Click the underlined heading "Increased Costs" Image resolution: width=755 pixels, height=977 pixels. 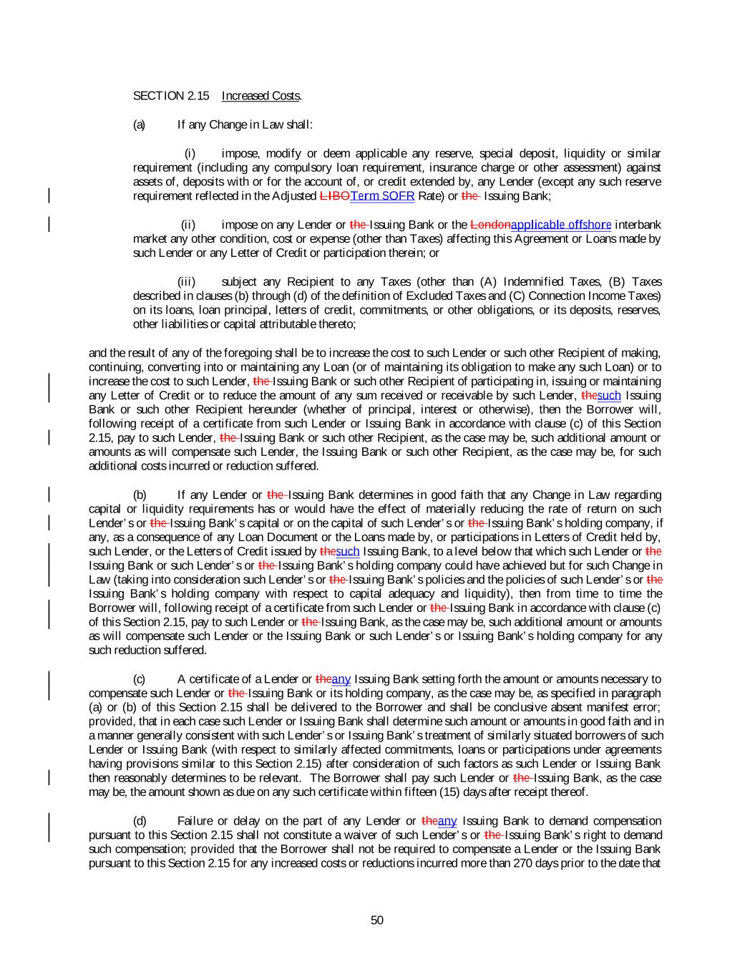(x=260, y=96)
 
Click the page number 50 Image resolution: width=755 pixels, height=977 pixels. (x=377, y=920)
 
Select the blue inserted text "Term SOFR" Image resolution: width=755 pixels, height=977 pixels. (x=382, y=196)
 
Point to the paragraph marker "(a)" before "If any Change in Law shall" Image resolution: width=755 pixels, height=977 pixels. (x=139, y=125)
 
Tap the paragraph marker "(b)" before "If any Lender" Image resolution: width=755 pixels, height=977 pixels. (x=140, y=495)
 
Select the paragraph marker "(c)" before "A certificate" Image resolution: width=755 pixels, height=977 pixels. (x=140, y=679)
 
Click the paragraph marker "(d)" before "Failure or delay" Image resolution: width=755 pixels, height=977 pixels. (x=140, y=821)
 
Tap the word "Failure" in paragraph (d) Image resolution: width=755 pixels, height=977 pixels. (x=195, y=821)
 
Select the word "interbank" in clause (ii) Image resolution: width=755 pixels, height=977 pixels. (x=638, y=225)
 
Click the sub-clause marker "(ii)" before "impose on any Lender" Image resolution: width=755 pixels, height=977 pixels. (x=188, y=225)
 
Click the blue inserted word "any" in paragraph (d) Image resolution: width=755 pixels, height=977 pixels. (x=447, y=821)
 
